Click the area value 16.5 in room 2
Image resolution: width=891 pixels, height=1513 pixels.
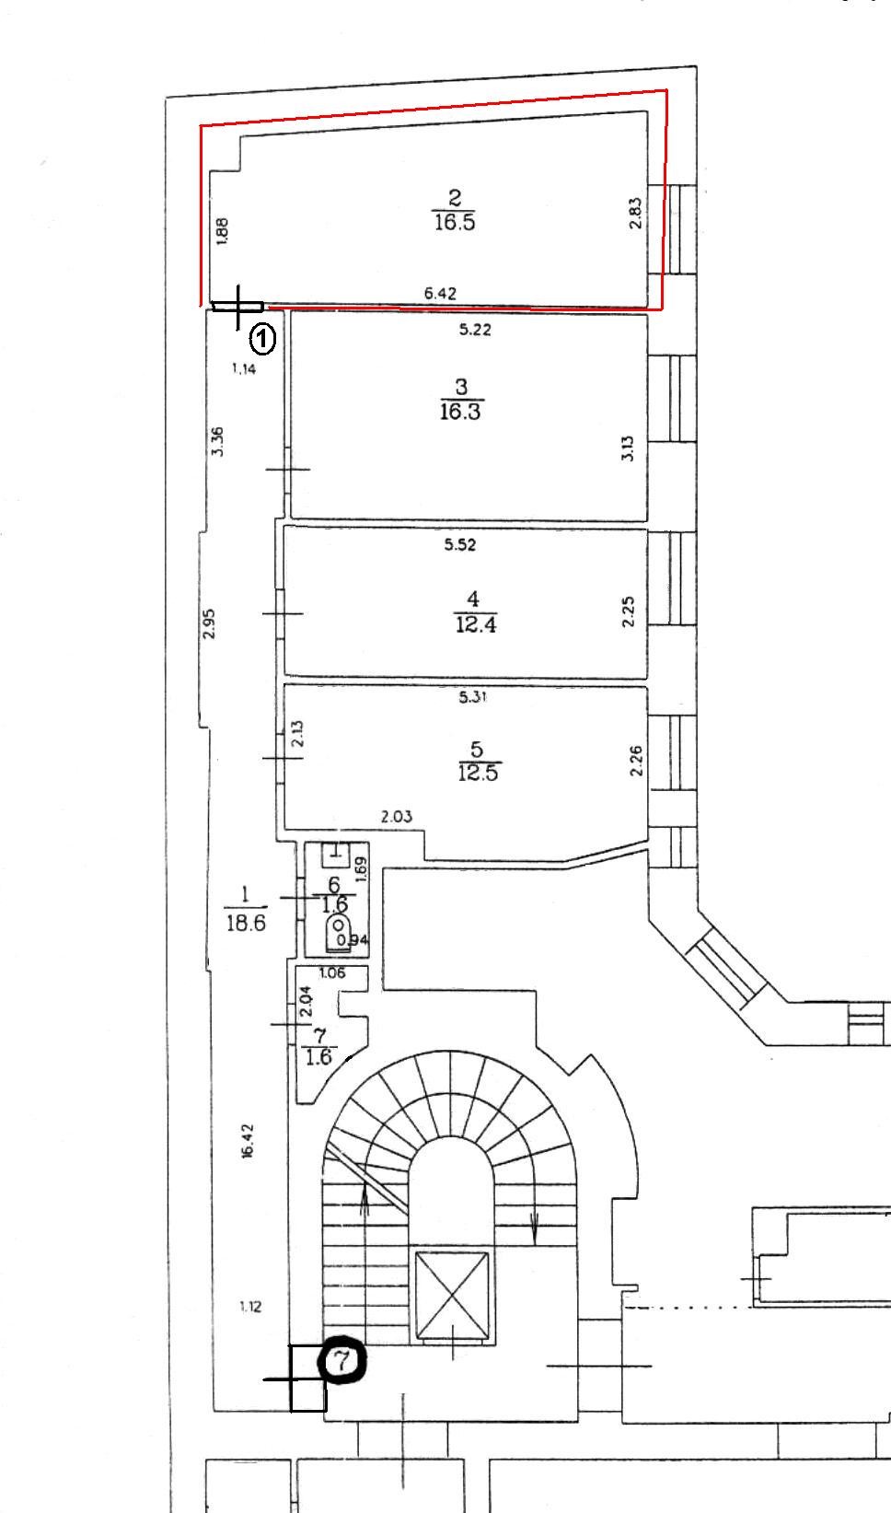[455, 222]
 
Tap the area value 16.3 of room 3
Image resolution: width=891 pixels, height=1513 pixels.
[460, 412]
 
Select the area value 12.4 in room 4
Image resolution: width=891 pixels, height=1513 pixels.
[476, 624]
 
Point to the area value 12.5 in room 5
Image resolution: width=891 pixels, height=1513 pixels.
[478, 773]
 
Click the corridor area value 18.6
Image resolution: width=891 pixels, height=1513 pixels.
[246, 923]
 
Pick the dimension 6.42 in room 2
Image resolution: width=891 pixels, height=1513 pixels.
[440, 293]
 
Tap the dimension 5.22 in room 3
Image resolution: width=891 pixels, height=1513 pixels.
[475, 330]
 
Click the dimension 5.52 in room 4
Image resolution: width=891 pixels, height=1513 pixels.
[459, 544]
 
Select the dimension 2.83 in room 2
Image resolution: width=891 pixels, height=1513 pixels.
[635, 213]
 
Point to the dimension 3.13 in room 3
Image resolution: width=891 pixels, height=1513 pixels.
[628, 448]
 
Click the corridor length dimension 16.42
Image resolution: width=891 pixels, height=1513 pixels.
[247, 1141]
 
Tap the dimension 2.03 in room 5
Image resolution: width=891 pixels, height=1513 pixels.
[396, 817]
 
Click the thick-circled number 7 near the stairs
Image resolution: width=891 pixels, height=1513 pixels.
[343, 1359]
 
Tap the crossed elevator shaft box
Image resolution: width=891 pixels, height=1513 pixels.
[452, 1295]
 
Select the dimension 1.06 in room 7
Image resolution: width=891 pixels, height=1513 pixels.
[332, 972]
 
